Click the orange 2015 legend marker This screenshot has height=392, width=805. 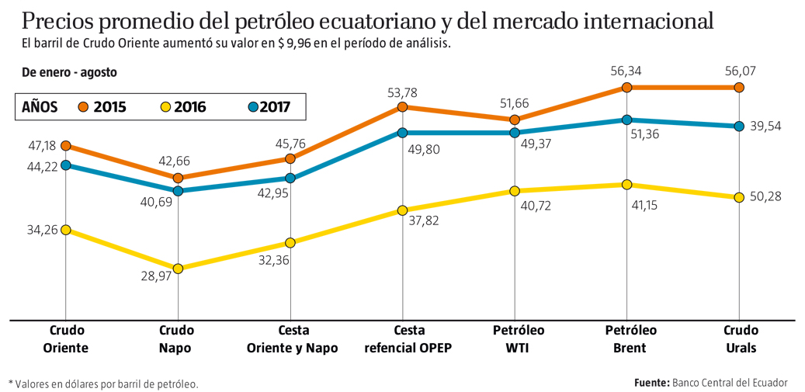83,107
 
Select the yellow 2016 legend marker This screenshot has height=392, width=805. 164,107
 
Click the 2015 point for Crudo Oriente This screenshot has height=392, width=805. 66,146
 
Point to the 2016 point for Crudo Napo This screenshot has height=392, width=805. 179,269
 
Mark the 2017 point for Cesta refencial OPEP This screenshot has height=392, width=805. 402,133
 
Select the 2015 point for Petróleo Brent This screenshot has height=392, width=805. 626,88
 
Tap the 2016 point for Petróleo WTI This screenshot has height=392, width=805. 514,191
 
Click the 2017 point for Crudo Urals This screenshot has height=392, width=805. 738,127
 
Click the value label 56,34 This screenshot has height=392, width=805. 626,71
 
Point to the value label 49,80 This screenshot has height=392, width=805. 424,148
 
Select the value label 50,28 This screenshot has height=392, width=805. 766,196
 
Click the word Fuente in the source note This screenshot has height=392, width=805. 651,383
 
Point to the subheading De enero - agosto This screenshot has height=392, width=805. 69,72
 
